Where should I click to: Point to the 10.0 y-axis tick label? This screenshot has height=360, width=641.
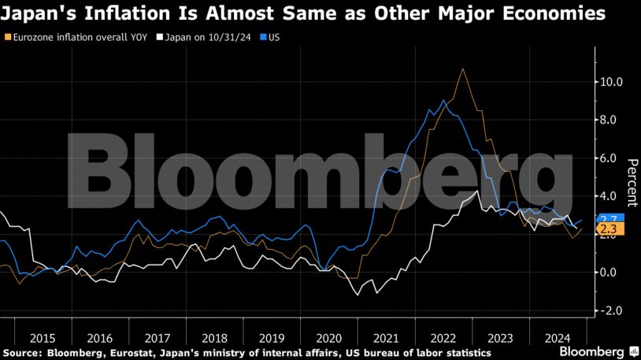tap(611, 82)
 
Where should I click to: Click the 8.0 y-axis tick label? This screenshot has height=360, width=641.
tap(611, 120)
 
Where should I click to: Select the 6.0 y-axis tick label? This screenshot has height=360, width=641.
tap(611, 158)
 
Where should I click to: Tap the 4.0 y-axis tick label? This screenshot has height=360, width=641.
tap(611, 196)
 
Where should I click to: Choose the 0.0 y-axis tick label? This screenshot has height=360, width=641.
tap(611, 273)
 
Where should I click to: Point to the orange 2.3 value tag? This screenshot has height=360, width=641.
tap(608, 229)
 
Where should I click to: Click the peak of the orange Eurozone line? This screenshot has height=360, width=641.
tap(462, 69)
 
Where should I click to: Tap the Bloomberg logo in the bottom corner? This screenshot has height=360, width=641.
tap(591, 351)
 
